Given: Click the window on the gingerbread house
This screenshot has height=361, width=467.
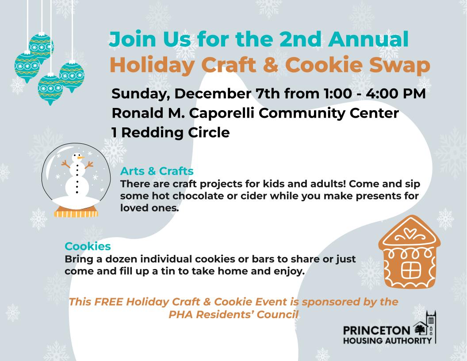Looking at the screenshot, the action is [411, 269].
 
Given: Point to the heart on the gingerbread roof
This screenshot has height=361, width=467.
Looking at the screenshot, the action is [410, 233].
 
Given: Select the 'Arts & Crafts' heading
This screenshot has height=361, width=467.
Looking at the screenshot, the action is [157, 171].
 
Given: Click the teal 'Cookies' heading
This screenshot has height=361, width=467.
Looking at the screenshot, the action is [88, 246].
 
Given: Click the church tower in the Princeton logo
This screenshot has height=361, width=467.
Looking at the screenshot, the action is [431, 327].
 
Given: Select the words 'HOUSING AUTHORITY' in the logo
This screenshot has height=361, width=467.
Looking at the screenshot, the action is [387, 341].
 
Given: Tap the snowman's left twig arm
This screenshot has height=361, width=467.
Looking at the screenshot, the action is [66, 164].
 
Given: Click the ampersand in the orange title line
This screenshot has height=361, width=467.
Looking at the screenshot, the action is [271, 65].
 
